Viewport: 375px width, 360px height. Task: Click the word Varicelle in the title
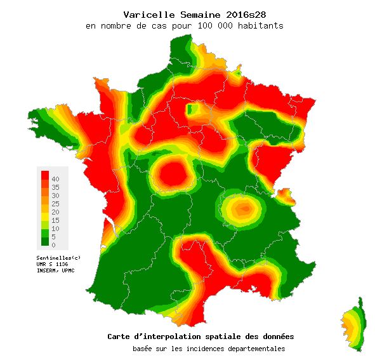(x=146, y=14)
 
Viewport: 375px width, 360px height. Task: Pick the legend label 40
(x=56, y=179)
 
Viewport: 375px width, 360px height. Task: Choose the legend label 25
(x=56, y=204)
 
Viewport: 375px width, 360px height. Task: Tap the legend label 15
(x=56, y=220)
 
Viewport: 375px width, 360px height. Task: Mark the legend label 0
(x=54, y=245)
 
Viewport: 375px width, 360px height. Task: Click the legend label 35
(x=56, y=187)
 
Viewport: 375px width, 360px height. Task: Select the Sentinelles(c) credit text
(x=59, y=257)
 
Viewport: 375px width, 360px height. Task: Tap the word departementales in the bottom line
(x=251, y=349)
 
